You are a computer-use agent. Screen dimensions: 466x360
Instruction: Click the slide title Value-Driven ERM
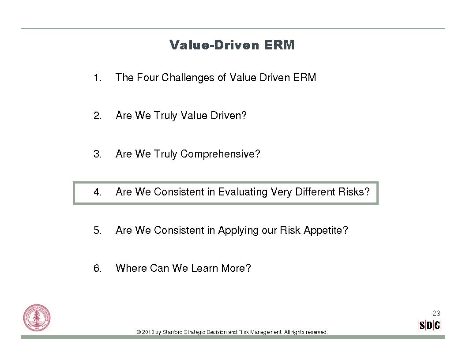pos(232,45)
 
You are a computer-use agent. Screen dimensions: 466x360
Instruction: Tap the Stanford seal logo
pos(37,318)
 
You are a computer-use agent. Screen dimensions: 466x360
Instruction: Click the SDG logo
pos(430,325)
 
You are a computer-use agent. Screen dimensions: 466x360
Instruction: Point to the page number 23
pos(436,313)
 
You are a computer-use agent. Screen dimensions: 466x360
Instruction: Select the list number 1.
pos(98,78)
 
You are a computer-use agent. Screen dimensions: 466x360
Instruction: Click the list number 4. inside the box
pos(98,192)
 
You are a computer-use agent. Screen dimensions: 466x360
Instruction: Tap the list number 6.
pos(98,268)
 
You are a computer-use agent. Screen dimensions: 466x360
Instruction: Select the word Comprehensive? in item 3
pos(220,154)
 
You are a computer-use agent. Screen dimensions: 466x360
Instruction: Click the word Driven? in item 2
pos(229,116)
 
